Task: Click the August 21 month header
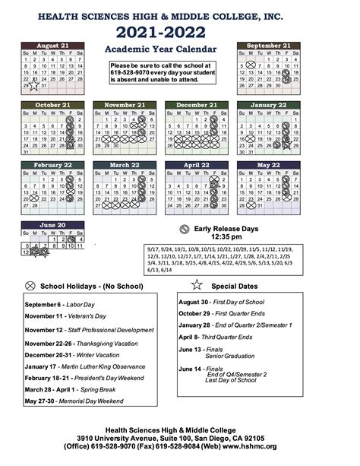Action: click(54, 46)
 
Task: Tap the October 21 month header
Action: click(54, 105)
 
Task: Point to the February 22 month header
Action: click(54, 165)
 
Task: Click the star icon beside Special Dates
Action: click(197, 284)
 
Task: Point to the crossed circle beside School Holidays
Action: click(30, 285)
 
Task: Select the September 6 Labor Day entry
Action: click(57, 304)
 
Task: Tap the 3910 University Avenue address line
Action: click(180, 438)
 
